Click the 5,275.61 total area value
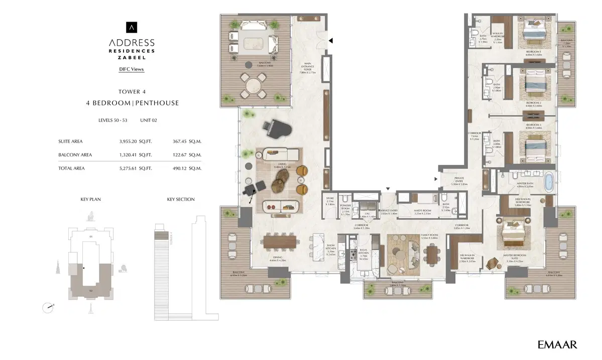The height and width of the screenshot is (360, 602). pos(131,168)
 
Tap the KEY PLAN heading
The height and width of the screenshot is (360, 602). pos(90,199)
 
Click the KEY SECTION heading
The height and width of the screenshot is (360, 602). pos(181,199)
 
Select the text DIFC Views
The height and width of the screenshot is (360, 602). pos(132,69)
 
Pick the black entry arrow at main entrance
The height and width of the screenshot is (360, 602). pos(330,40)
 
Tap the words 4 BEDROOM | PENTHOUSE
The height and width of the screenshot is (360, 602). pos(132,103)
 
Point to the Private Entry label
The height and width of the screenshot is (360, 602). pos(459,182)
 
